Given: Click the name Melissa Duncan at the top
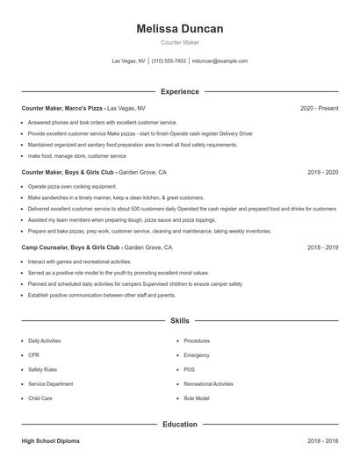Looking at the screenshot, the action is (x=180, y=29).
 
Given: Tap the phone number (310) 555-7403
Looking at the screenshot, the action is (x=169, y=61).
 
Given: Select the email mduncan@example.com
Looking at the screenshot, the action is (x=220, y=61).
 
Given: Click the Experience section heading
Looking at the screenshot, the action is (x=180, y=91).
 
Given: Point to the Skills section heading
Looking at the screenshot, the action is (x=180, y=321).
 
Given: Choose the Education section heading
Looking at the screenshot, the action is (x=180, y=424).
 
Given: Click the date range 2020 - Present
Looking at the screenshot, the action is (x=319, y=108).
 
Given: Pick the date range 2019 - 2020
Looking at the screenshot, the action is (x=322, y=173).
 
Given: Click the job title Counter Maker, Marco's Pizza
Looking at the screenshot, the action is (x=62, y=108).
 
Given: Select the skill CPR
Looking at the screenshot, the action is (x=33, y=355).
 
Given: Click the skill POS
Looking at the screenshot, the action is (x=189, y=369).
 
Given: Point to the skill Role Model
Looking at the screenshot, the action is (x=197, y=398).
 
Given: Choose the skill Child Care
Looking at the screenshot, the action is (x=40, y=398).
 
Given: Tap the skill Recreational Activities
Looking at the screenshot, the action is (x=208, y=384).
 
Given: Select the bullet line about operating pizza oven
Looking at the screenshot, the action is (x=72, y=187).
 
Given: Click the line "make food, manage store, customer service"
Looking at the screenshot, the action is (x=76, y=155).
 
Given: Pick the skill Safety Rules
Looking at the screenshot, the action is (x=42, y=369).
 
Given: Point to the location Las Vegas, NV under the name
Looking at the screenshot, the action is (x=128, y=61).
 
